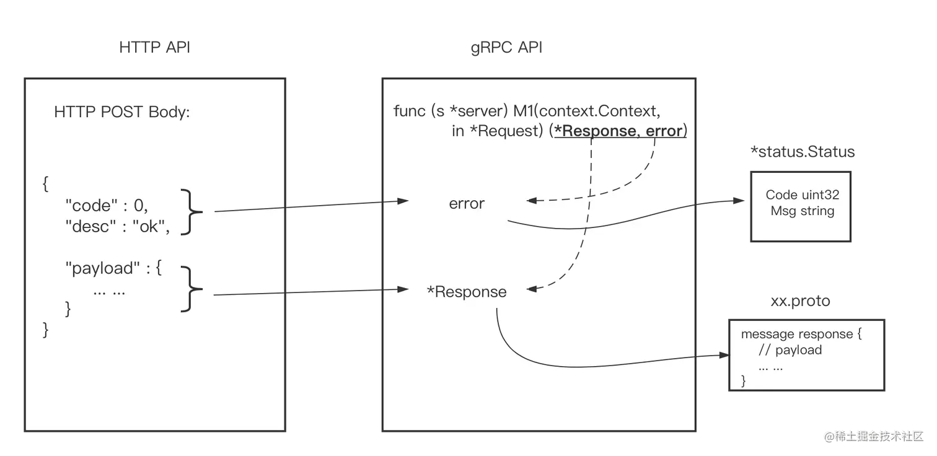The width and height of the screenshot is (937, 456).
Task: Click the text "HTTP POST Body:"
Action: point(122,112)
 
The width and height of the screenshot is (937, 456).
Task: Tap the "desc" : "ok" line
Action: point(118,226)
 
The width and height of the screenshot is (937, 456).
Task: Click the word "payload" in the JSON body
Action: point(99,268)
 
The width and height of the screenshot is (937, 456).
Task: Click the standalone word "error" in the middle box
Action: point(467,204)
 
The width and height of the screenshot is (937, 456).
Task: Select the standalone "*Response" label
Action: point(467,292)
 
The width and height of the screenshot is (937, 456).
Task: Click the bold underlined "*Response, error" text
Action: point(620,131)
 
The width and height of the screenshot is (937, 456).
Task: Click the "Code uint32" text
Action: point(803,195)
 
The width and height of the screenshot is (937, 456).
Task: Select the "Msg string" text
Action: point(803,211)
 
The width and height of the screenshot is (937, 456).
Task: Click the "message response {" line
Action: point(801,334)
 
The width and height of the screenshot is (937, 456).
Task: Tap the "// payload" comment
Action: point(790,350)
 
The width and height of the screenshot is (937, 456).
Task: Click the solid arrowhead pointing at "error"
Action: point(403,201)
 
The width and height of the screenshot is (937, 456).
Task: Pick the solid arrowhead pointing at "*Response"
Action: point(403,289)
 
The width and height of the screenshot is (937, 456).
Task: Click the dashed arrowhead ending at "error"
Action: point(531,201)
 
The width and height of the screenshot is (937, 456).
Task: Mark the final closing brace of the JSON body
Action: point(46,329)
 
